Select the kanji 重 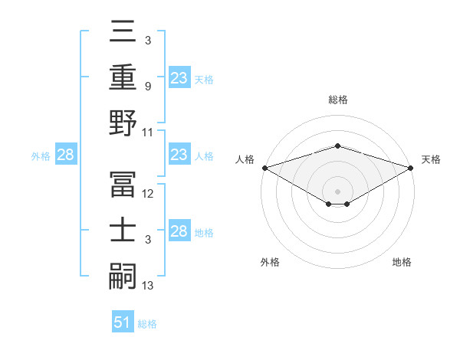coord(123,77)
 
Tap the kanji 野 coord(123,123)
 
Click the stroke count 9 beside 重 coord(148,87)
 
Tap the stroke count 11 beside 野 coord(148,132)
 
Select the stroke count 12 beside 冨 coord(148,195)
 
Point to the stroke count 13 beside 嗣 coord(148,286)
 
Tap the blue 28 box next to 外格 coord(66,155)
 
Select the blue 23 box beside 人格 coord(179,155)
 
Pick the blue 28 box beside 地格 coord(179,231)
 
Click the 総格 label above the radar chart coord(337,100)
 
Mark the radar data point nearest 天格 coord(411,168)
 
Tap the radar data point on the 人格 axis coord(264,168)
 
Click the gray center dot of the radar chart coord(337,191)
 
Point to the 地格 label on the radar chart coord(402,262)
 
